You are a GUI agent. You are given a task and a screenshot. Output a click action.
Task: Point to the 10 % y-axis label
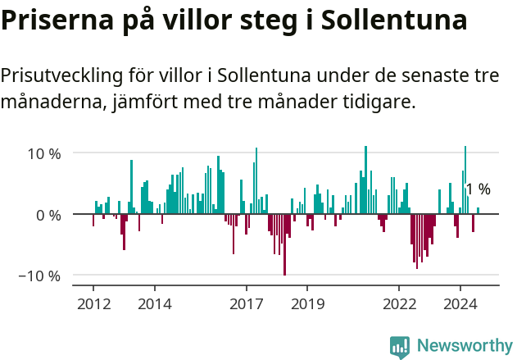click(44, 153)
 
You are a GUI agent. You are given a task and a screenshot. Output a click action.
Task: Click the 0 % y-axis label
click(48, 215)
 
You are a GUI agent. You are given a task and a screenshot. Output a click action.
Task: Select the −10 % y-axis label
click(40, 276)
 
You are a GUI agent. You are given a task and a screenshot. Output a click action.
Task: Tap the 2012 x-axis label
click(93, 304)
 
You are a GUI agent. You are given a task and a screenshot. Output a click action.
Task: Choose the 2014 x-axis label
click(154, 304)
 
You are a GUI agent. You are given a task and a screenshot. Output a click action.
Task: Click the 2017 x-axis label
click(246, 304)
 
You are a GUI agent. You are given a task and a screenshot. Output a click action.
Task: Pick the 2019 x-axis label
click(307, 304)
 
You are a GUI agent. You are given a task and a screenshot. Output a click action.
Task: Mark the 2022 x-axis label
click(399, 304)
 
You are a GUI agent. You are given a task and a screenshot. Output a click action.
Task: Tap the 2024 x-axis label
click(460, 304)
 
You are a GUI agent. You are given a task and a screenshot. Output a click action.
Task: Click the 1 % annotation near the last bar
click(478, 189)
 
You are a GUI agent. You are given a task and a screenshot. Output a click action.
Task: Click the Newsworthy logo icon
click(400, 346)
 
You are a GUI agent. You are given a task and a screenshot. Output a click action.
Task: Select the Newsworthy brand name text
click(464, 346)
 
